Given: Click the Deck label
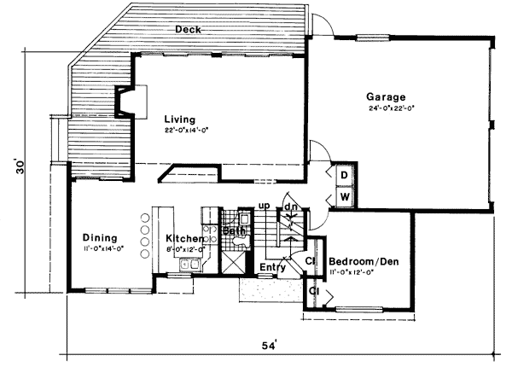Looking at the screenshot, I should [188, 30].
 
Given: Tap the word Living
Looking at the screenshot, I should [180, 119].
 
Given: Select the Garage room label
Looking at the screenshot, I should [386, 96].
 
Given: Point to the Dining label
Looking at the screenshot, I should [99, 237].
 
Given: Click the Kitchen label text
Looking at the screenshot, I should [184, 239].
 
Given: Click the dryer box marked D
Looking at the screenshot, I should [344, 174].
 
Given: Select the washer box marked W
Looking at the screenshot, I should [344, 196].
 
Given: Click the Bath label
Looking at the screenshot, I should [232, 231].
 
